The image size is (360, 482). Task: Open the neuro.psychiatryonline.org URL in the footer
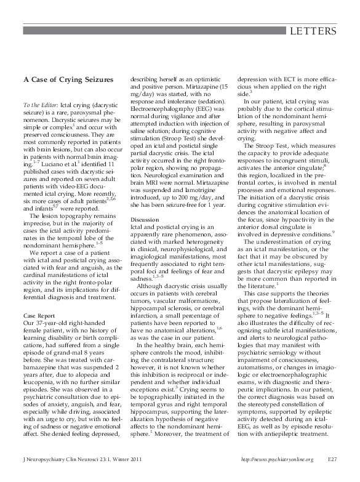pos(278,476)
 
